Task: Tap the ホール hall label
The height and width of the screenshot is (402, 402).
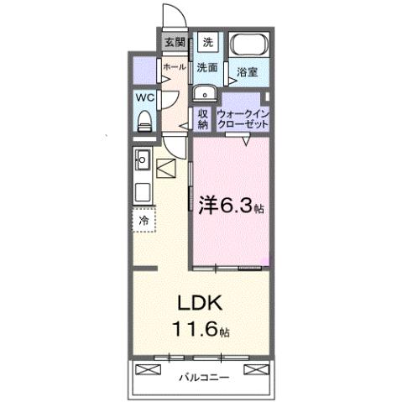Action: [x=174, y=65]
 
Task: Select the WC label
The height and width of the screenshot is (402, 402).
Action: [x=144, y=97]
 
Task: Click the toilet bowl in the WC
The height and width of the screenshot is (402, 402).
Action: [x=144, y=119]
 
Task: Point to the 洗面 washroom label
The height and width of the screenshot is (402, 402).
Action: [x=208, y=66]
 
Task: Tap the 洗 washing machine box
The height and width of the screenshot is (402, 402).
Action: [x=208, y=42]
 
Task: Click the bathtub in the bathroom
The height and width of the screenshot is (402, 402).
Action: [x=249, y=47]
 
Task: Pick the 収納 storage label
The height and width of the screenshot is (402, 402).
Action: [x=203, y=118]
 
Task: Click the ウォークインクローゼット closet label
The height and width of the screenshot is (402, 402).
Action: [x=243, y=118]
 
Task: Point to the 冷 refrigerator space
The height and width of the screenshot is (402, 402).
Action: [x=144, y=220]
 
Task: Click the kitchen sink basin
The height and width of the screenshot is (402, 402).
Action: [x=143, y=158]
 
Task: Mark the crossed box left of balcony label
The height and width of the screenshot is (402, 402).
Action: [x=148, y=368]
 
